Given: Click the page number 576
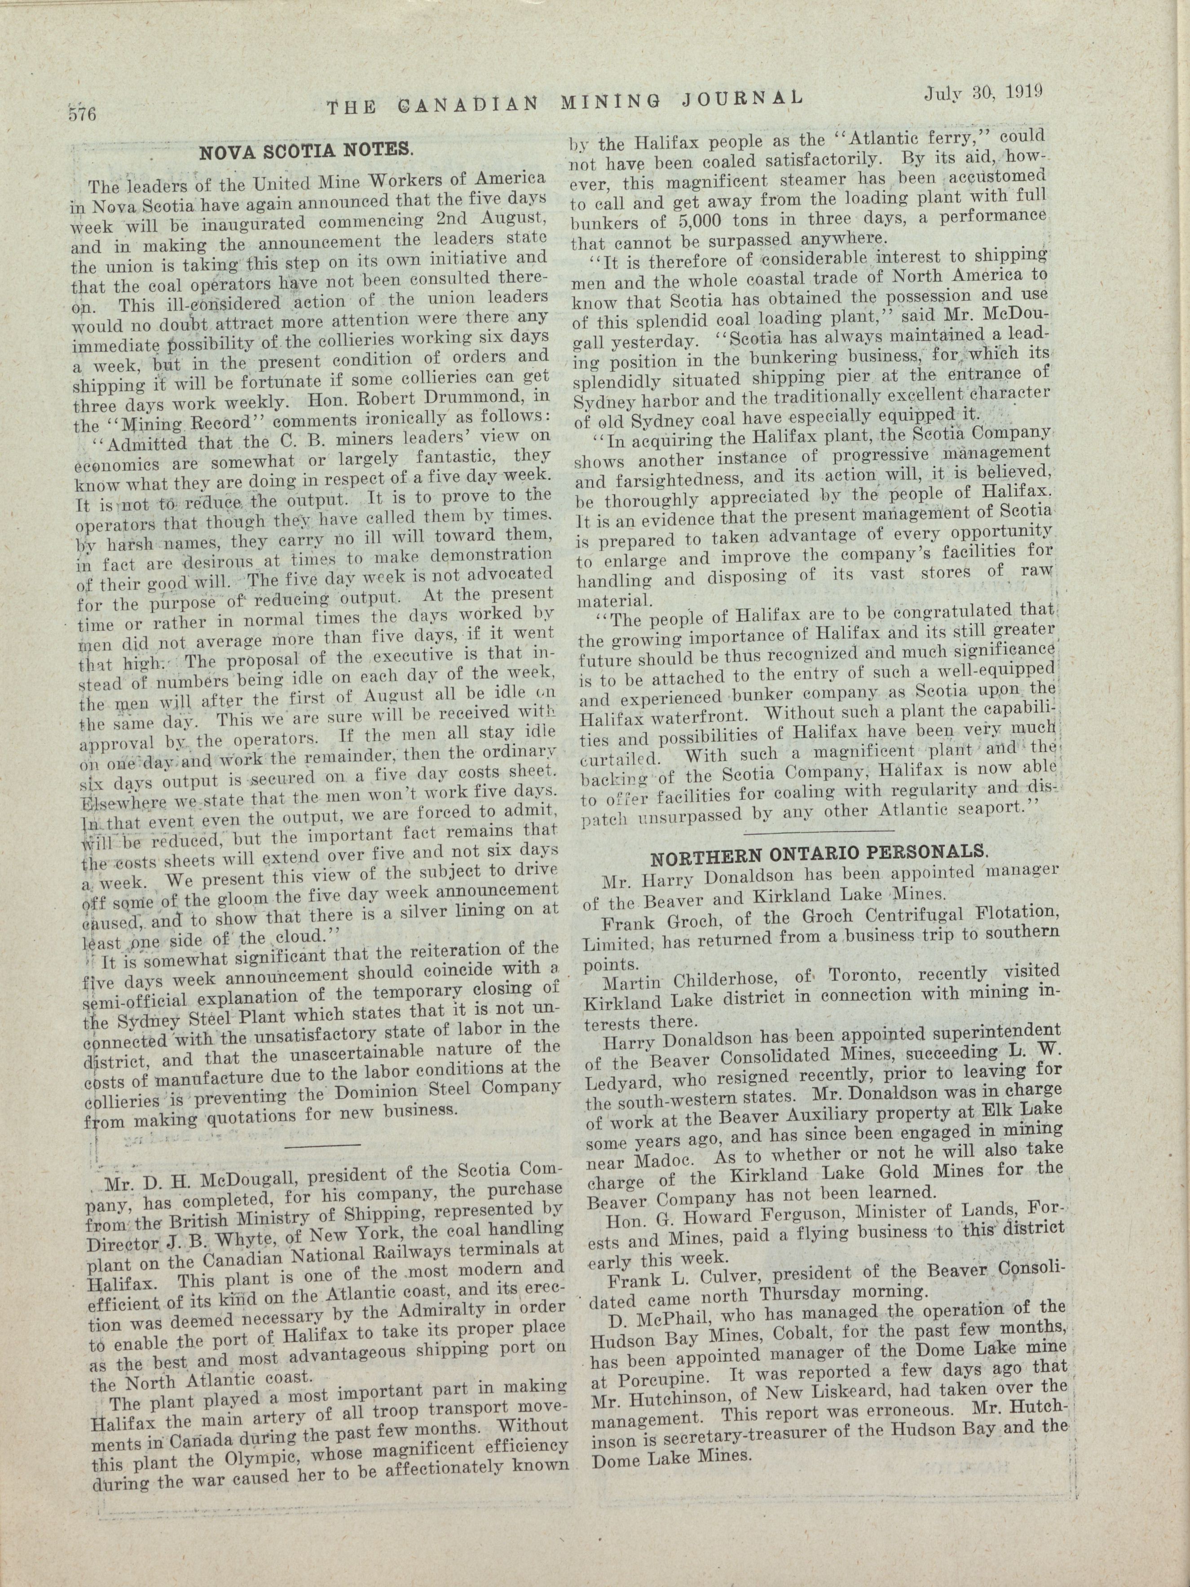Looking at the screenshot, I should [x=83, y=114].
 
